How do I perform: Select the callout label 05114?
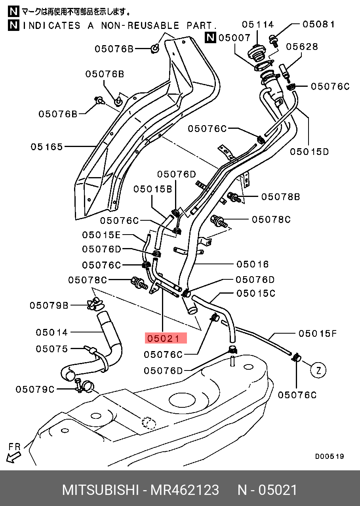click(258, 25)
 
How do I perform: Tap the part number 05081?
click(318, 24)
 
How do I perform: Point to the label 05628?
click(302, 47)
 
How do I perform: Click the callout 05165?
click(47, 147)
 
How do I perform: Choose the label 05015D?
click(309, 151)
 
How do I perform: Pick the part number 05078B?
click(280, 197)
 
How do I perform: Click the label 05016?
click(253, 264)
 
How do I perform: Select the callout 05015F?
click(317, 334)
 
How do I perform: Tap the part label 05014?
click(52, 332)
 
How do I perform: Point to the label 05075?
click(52, 349)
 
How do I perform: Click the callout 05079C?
click(35, 390)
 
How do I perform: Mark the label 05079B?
click(49, 306)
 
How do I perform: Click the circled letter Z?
click(318, 370)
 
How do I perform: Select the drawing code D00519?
click(329, 456)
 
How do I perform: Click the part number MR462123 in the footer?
click(184, 490)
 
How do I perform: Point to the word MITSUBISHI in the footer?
click(100, 490)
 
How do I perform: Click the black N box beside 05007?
click(210, 38)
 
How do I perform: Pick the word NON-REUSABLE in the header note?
click(140, 26)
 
